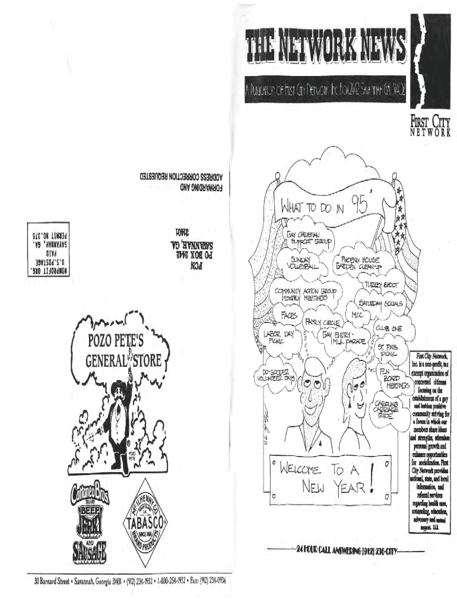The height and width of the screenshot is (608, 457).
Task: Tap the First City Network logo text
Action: [430, 126]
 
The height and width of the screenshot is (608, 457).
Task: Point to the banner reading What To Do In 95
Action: [325, 207]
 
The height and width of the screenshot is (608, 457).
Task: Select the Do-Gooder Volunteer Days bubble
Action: [275, 375]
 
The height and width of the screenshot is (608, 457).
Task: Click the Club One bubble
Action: [388, 328]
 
